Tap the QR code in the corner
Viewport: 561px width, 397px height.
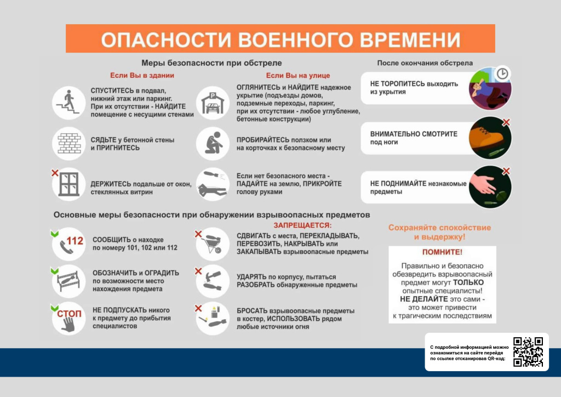[528, 352]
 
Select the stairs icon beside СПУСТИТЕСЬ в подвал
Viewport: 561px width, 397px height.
[68, 103]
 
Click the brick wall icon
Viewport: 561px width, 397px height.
[69, 144]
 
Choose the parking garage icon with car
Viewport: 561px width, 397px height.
[213, 103]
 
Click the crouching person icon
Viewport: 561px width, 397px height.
[213, 144]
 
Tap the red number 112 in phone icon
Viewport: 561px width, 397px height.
[75, 241]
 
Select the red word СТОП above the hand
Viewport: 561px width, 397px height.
[69, 314]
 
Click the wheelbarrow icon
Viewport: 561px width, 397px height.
[213, 244]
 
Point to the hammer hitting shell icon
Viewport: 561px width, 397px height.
[213, 281]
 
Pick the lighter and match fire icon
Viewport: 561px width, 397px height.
[213, 319]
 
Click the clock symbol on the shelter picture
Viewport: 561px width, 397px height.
[502, 73]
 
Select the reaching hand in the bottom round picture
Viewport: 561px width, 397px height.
[483, 181]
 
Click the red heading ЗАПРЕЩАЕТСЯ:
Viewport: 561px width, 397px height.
[302, 225]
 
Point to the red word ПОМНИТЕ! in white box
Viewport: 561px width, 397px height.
[442, 252]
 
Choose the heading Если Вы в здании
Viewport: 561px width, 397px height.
[142, 76]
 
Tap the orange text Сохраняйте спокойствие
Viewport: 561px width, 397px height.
[440, 228]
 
